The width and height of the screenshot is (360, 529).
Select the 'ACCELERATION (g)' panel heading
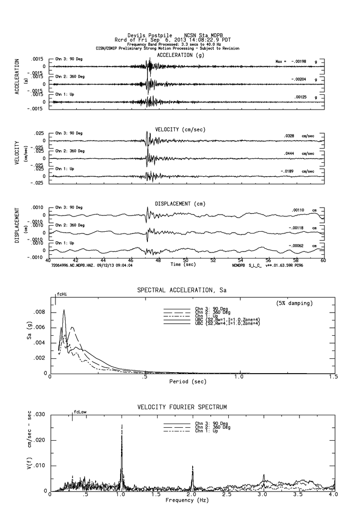pyautogui.click(x=180, y=55)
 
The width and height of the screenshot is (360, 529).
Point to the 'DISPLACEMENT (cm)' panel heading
pyautogui.click(x=180, y=203)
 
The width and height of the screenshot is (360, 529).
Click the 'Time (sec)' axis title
pyautogui.click(x=182, y=264)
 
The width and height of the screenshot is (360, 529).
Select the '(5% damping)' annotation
pyautogui.click(x=291, y=303)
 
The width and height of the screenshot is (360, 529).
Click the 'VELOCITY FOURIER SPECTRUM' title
pyautogui.click(x=182, y=407)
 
